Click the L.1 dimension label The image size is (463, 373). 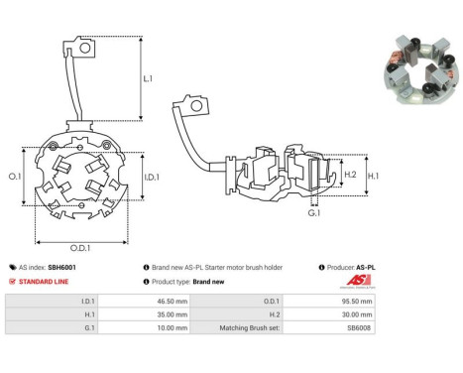[x=148, y=78]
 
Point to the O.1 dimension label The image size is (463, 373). [x=15, y=177]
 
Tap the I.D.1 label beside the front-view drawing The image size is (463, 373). [x=152, y=178]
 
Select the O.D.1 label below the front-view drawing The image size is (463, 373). [x=80, y=248]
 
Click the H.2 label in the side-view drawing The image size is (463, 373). [x=350, y=175]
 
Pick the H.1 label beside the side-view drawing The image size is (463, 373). [x=374, y=176]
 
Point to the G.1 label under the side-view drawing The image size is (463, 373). [x=314, y=213]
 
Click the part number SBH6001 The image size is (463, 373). [x=61, y=267]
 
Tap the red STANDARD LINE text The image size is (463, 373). [x=44, y=282]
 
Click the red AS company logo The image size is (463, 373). [x=358, y=281]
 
